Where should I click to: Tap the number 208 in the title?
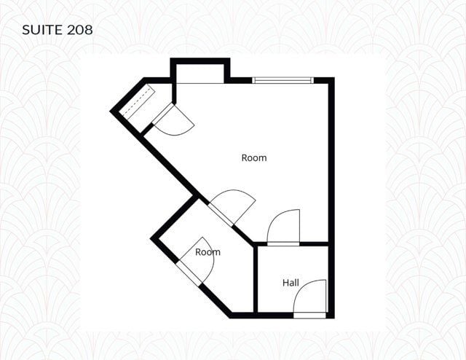click(x=80, y=30)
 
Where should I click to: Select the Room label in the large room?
click(x=254, y=157)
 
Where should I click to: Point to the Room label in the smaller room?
click(x=208, y=252)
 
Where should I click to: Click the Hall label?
click(x=291, y=283)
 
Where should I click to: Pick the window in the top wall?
click(x=283, y=80)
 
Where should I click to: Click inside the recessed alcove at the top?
click(x=200, y=74)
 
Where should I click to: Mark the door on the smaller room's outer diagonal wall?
click(x=189, y=273)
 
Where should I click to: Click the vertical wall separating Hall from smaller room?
click(x=256, y=279)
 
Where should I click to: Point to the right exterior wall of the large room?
click(x=331, y=197)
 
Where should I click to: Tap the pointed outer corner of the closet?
click(x=110, y=112)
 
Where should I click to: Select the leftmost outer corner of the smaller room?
click(x=151, y=238)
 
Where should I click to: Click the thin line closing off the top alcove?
click(x=200, y=83)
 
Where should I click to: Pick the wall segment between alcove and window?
click(x=238, y=80)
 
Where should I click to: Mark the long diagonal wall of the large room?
click(x=197, y=190)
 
